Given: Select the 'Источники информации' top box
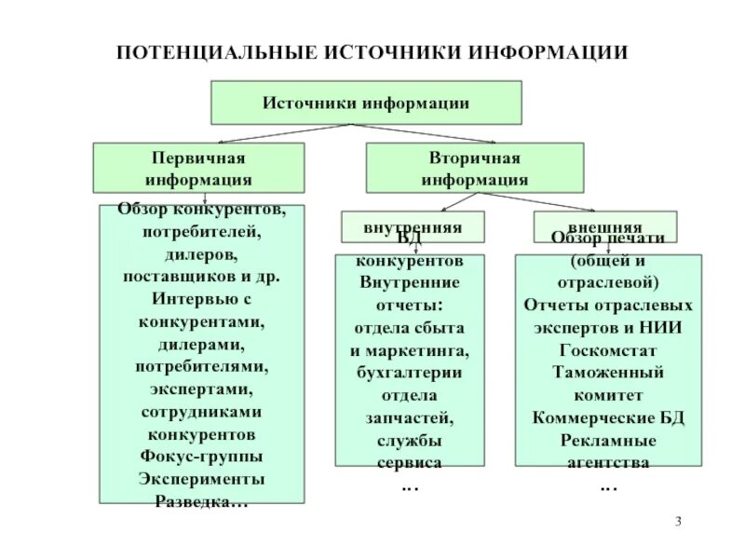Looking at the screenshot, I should coord(366,102).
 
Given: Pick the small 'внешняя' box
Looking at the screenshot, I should coord(604,226).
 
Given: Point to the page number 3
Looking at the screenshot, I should coord(679,519).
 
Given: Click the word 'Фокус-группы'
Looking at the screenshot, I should coord(201,457).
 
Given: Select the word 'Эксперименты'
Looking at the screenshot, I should coord(201,479).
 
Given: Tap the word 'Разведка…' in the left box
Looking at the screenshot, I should coord(201,501).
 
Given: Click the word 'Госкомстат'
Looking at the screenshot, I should coord(609,349).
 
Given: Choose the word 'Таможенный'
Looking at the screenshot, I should coord(609,372).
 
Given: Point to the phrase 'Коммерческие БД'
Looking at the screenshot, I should coord(609,416).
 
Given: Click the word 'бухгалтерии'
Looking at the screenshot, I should coord(409,373).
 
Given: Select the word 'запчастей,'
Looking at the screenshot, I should coord(409,417).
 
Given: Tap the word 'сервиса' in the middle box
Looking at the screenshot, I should coord(409,462).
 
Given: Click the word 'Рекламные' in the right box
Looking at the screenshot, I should coord(609,439).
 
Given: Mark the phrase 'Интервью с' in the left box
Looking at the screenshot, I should coord(201,299).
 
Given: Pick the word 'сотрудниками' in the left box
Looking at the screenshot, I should coord(201,411).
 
